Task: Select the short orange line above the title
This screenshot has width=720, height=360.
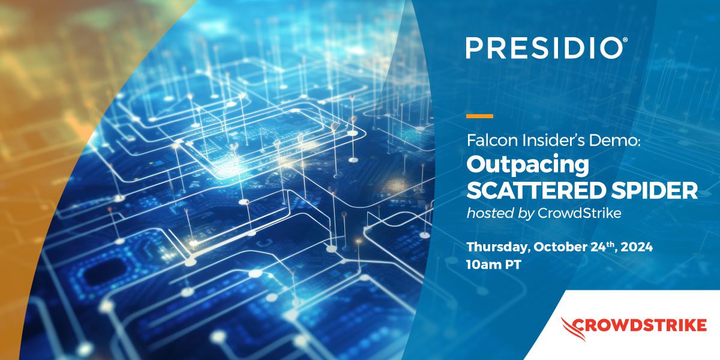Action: click(x=479, y=116)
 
